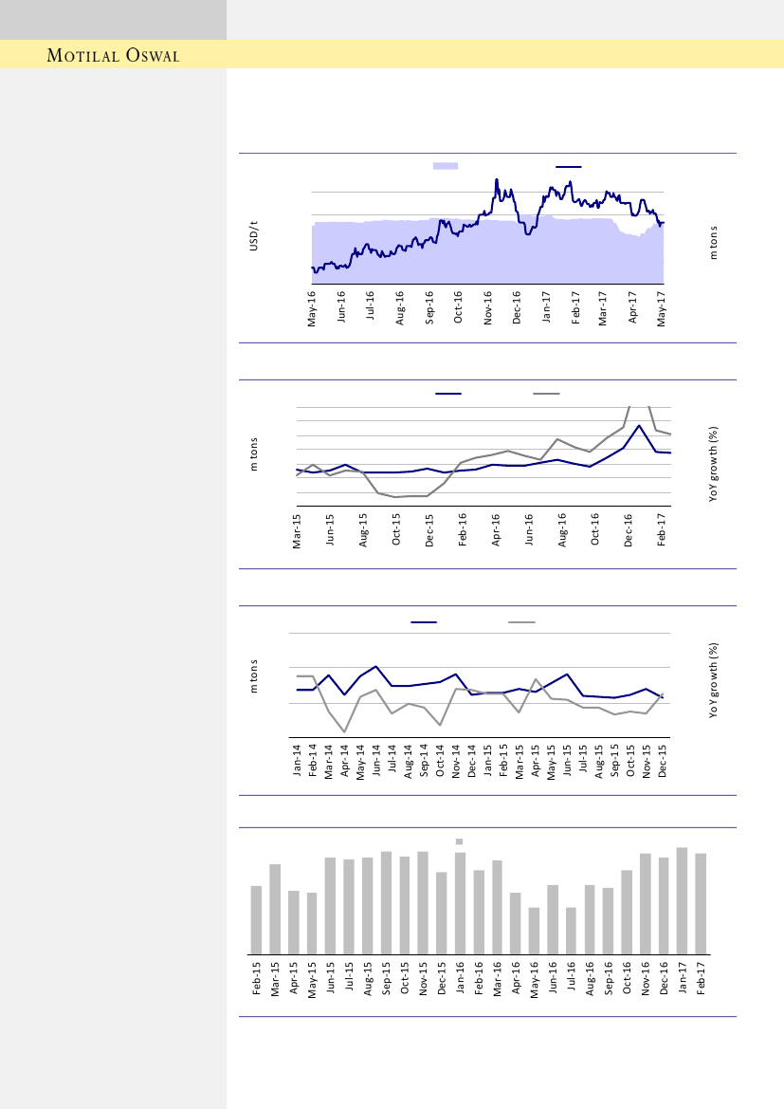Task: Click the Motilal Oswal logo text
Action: (114, 55)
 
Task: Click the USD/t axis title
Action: (253, 236)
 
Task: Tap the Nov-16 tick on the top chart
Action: (488, 308)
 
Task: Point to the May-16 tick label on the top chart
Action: (313, 308)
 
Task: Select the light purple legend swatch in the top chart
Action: (445, 166)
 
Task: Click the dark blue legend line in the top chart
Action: (568, 166)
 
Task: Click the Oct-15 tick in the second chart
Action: (396, 531)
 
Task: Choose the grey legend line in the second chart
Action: (546, 393)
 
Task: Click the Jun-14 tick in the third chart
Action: (377, 761)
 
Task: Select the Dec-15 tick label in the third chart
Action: (663, 761)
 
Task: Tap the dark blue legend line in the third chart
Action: (424, 622)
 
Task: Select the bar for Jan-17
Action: (682, 900)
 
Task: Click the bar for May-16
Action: (534, 931)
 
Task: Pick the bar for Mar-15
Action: (275, 909)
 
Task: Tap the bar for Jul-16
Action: (571, 931)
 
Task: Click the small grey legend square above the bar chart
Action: (459, 841)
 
